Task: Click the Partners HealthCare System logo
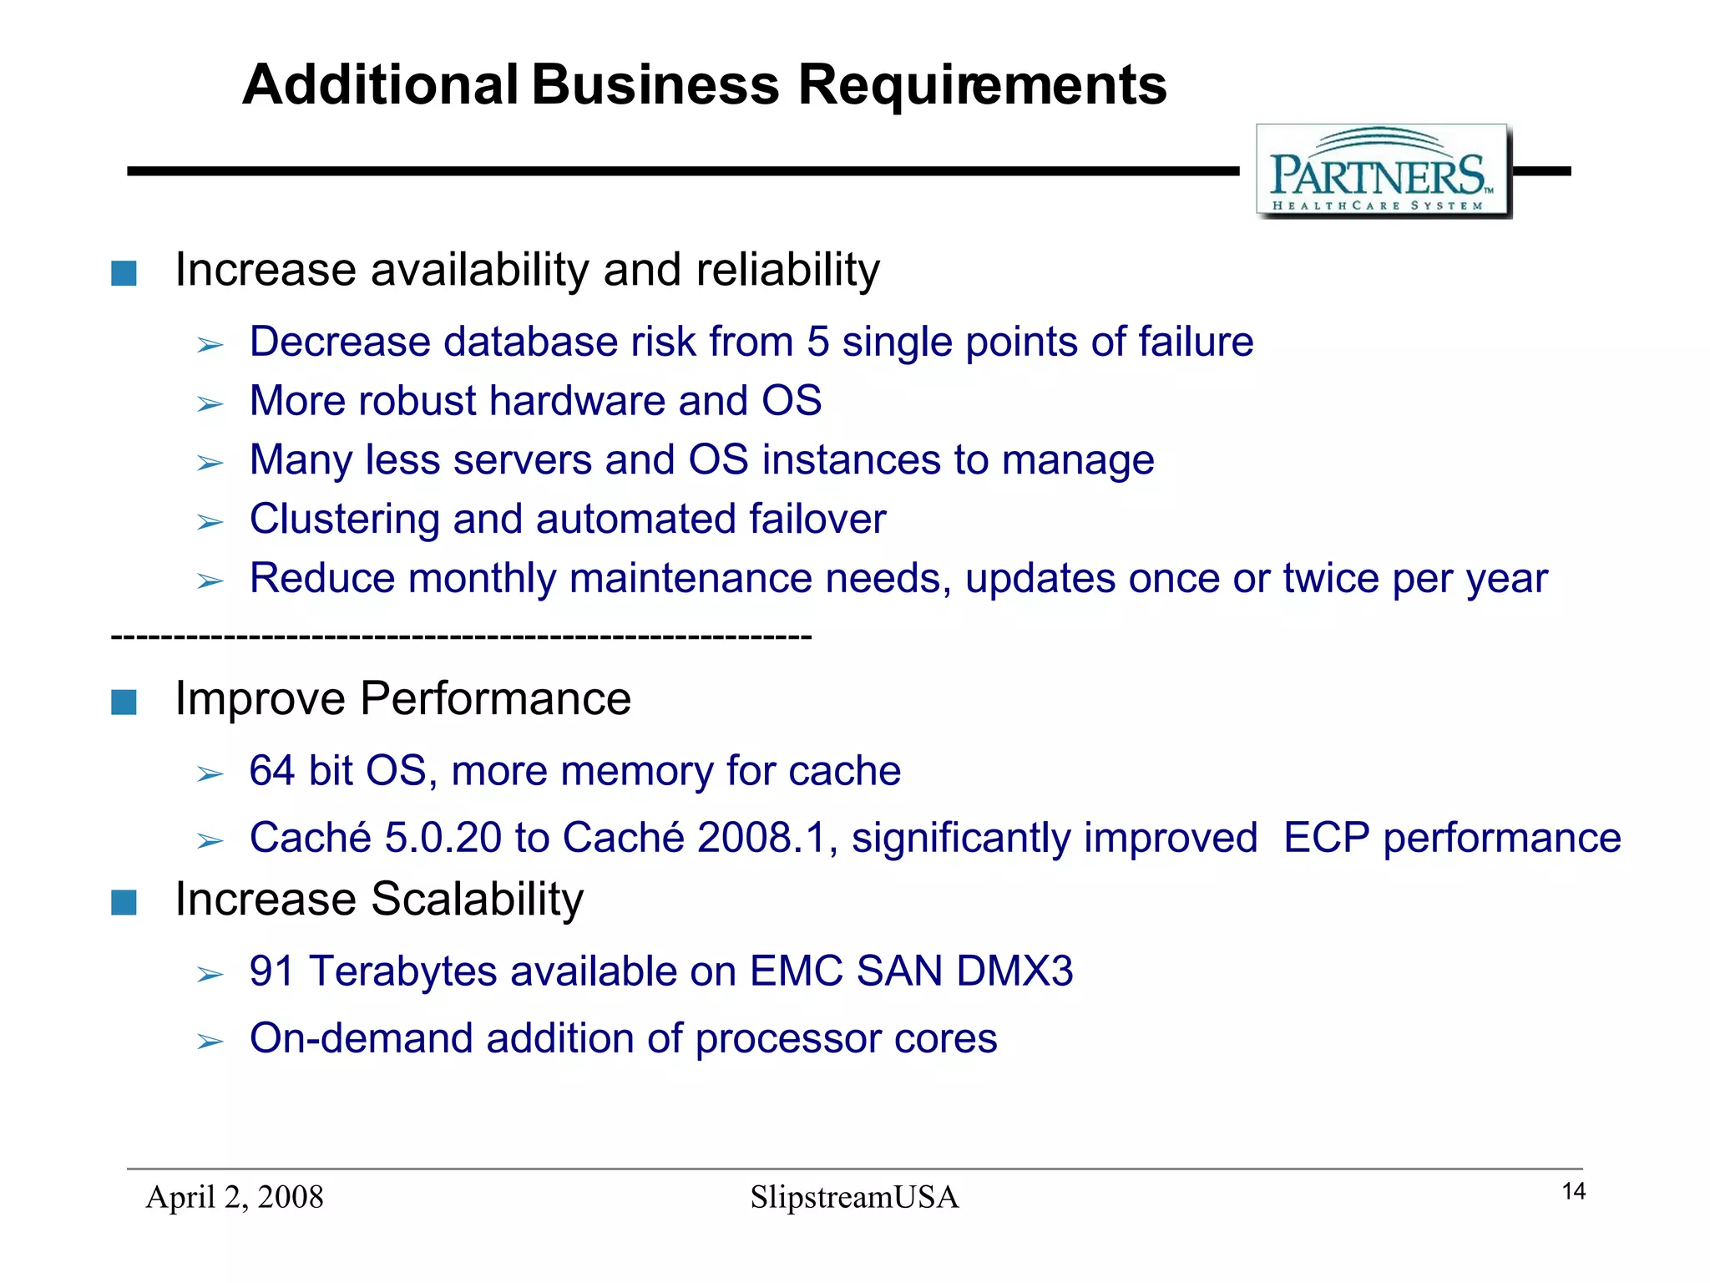click(1383, 171)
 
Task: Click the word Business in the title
click(655, 85)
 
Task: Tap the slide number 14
click(1573, 1191)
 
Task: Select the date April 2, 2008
click(235, 1197)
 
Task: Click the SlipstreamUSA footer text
click(853, 1197)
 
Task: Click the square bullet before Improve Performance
click(124, 702)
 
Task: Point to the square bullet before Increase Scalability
click(124, 902)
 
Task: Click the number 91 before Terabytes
click(272, 971)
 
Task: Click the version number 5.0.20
click(443, 838)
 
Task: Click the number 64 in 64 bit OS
click(272, 770)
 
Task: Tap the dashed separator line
click(461, 638)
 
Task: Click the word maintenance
click(691, 578)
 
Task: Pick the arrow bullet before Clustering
click(210, 523)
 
